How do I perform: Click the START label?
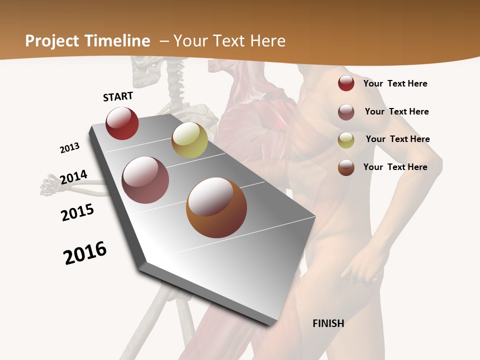pyautogui.click(x=118, y=96)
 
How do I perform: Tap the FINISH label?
pyautogui.click(x=328, y=323)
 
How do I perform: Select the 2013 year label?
pyautogui.click(x=69, y=148)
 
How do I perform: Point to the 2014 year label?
pyautogui.click(x=73, y=177)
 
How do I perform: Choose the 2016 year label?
pyautogui.click(x=85, y=253)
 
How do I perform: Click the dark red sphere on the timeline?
pyautogui.click(x=122, y=123)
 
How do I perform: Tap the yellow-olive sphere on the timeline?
pyautogui.click(x=189, y=140)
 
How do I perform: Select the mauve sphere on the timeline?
pyautogui.click(x=145, y=180)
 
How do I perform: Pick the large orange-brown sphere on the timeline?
pyautogui.click(x=216, y=207)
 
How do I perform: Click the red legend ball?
pyautogui.click(x=346, y=83)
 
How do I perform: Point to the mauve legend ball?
pyautogui.click(x=346, y=112)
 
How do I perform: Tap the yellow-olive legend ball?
pyautogui.click(x=346, y=140)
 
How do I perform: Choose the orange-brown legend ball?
pyautogui.click(x=346, y=167)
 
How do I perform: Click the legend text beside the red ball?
pyautogui.click(x=395, y=83)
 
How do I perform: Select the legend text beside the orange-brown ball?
pyautogui.click(x=395, y=167)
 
